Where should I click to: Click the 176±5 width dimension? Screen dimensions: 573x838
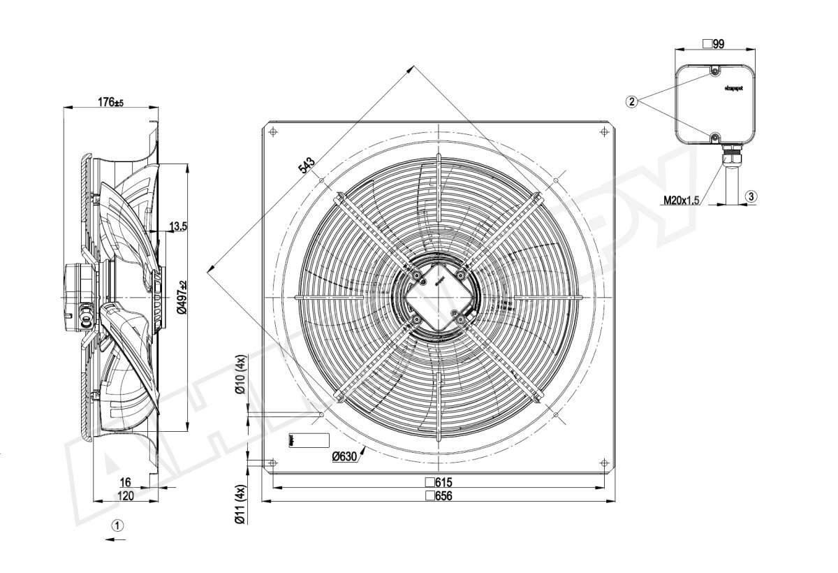[x=110, y=102]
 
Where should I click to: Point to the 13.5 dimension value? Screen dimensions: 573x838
[x=179, y=226]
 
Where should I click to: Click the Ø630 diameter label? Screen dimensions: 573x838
[x=345, y=456]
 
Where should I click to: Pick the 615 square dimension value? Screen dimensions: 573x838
[x=439, y=483]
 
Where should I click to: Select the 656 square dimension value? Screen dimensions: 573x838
[x=439, y=495]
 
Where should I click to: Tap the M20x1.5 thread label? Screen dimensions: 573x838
[x=682, y=201]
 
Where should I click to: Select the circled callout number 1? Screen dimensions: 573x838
[x=118, y=524]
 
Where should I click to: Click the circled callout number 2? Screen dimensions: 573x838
[x=631, y=102]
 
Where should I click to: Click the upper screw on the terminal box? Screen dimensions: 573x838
[x=715, y=71]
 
